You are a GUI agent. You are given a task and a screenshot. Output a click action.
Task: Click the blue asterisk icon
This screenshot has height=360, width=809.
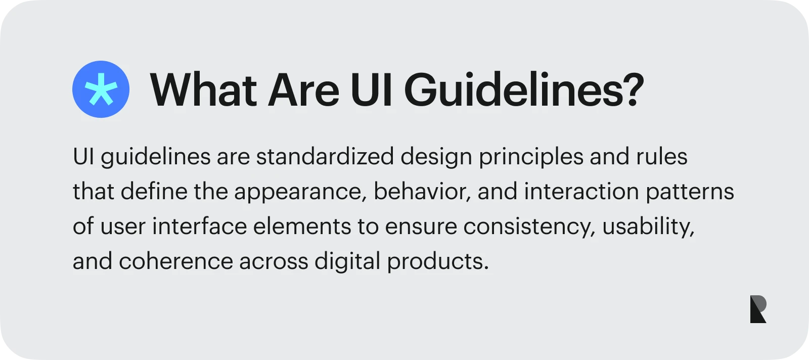point(101,89)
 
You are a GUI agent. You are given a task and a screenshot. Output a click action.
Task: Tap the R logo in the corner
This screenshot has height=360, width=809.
point(758,309)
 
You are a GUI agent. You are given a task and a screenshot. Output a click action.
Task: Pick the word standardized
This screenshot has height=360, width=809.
point(325,157)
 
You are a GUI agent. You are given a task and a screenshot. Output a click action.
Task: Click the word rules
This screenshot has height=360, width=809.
point(662,157)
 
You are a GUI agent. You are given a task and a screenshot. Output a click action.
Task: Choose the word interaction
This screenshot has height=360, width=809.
point(581,191)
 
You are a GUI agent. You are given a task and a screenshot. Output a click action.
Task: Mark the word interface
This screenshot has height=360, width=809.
point(199,226)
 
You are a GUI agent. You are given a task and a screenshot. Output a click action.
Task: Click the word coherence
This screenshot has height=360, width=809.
point(176,261)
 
